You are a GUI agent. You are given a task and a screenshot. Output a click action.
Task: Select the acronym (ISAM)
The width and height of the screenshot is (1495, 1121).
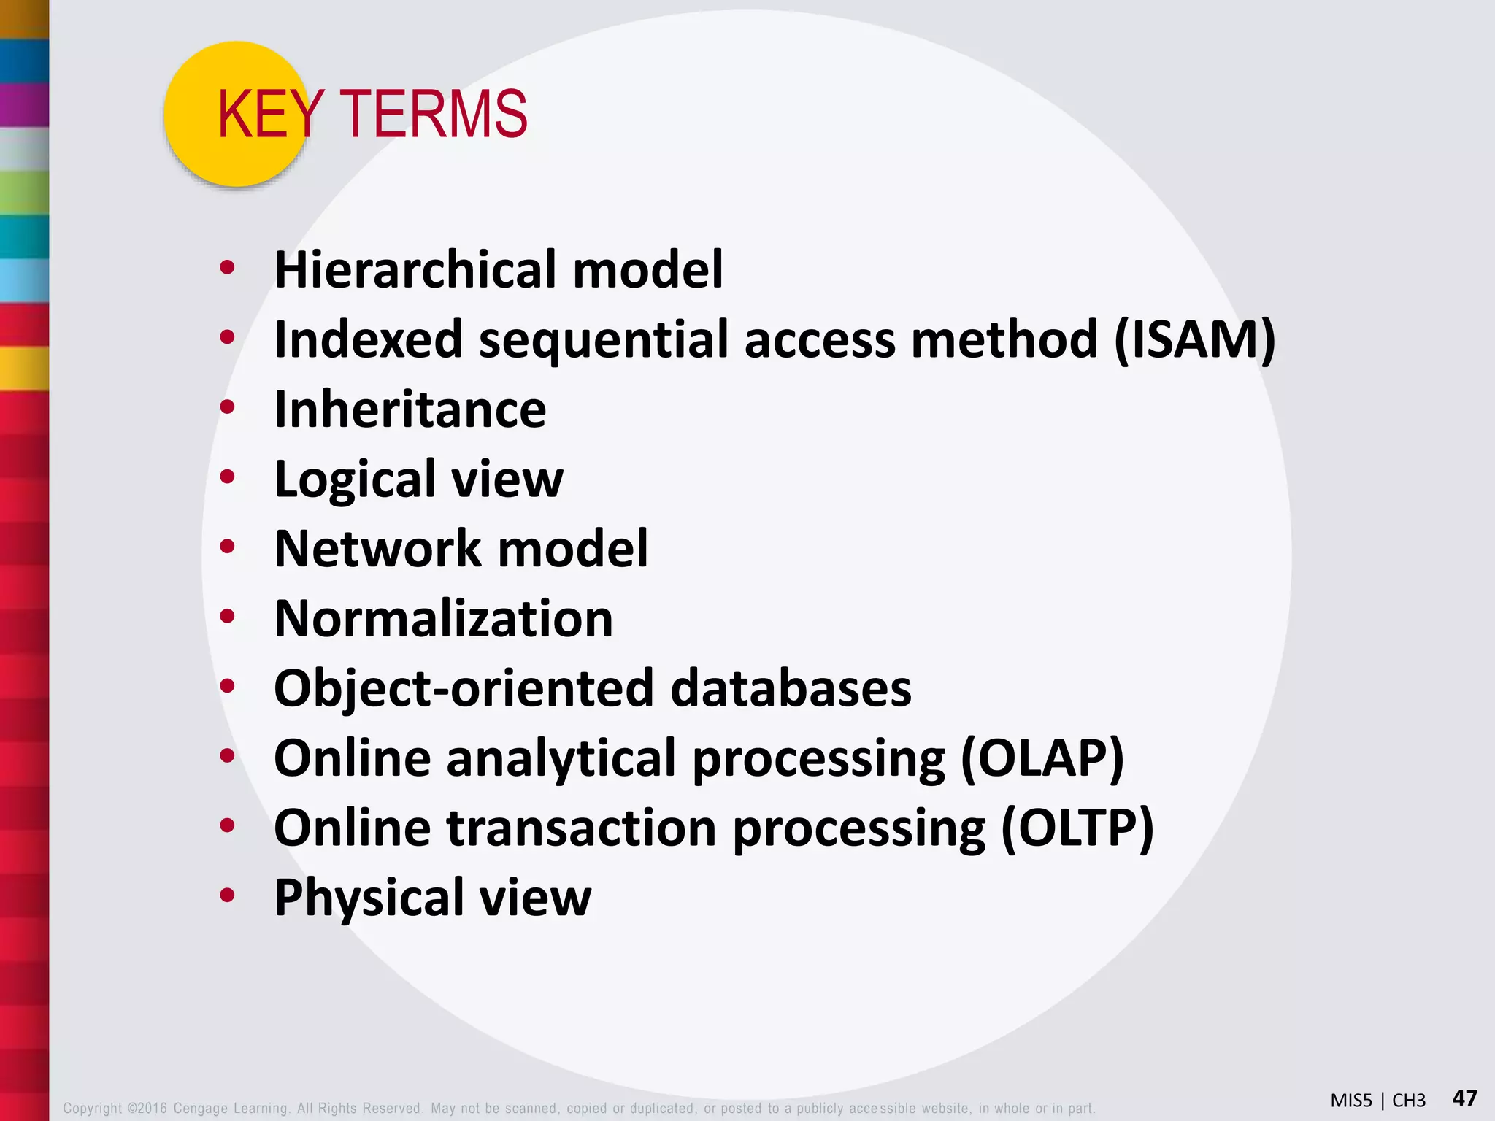coord(1195,340)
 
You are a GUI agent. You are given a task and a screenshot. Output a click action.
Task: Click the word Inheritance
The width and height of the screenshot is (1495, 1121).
coord(410,409)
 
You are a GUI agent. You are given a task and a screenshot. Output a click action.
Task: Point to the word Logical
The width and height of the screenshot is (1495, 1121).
coord(355,480)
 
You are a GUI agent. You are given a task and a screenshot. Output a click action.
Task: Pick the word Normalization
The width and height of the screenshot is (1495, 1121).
coord(443,619)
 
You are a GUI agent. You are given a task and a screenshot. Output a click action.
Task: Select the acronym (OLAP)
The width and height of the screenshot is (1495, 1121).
coord(1042,758)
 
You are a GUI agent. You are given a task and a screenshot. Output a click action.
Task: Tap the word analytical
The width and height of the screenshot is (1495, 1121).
coord(561,758)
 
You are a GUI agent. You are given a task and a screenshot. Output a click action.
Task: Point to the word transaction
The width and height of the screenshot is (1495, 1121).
coord(581,828)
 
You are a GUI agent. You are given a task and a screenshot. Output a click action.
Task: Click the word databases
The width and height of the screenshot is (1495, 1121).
coord(791,689)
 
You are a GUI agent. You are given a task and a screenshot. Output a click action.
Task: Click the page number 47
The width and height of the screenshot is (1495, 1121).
coord(1464,1098)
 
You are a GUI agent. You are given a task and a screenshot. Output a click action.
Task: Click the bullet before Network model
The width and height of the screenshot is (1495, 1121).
coord(228,547)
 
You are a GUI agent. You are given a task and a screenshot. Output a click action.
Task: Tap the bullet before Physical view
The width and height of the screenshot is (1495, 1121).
coord(228,895)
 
